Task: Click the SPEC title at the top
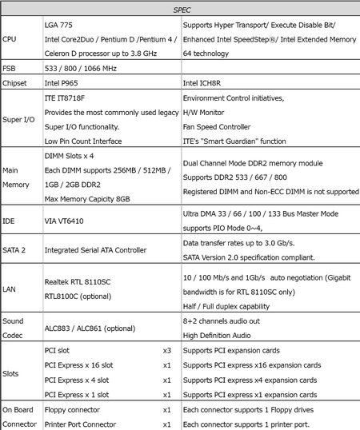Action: pyautogui.click(x=180, y=10)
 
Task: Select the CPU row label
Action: pyautogui.click(x=10, y=38)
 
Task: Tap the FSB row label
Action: pyautogui.click(x=9, y=68)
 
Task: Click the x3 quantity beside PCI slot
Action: pyautogui.click(x=167, y=351)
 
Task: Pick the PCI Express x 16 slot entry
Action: pyautogui.click(x=78, y=365)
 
